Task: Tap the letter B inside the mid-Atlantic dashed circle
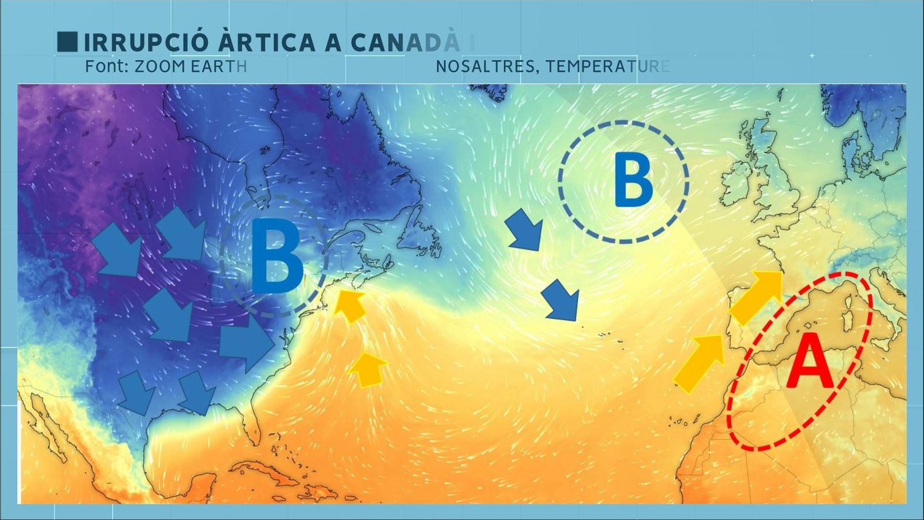point(633,180)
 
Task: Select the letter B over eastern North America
point(277,258)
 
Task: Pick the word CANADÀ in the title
point(405,43)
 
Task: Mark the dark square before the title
point(67,42)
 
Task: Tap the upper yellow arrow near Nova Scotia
point(351,305)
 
